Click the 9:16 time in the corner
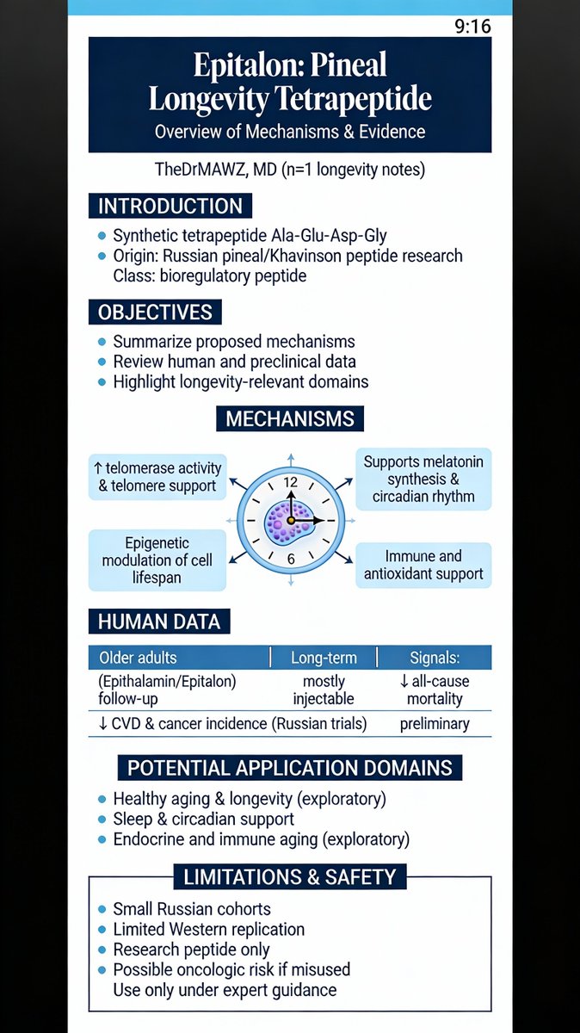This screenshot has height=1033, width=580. point(472,26)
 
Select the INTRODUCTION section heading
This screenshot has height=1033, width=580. point(170,207)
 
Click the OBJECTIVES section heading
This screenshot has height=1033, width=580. point(155,311)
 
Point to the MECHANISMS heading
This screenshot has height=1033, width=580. point(290,419)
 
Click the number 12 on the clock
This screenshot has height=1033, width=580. point(290,483)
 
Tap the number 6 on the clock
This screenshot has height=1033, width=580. point(290,559)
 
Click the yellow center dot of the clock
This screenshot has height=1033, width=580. point(291,521)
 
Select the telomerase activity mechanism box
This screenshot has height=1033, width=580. point(157,477)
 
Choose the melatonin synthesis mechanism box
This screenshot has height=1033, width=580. point(423,479)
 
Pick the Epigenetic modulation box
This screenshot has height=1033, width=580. point(157,560)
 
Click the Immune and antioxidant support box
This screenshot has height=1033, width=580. point(423,565)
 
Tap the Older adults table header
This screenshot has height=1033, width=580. point(138,658)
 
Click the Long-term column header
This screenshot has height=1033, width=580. point(324,658)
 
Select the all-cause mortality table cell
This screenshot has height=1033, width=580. point(435,690)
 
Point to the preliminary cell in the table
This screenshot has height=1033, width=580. point(435,723)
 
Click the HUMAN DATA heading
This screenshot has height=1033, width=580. point(159,621)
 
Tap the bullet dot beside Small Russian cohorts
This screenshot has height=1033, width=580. point(102,910)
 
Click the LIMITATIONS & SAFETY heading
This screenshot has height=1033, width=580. point(290,877)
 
